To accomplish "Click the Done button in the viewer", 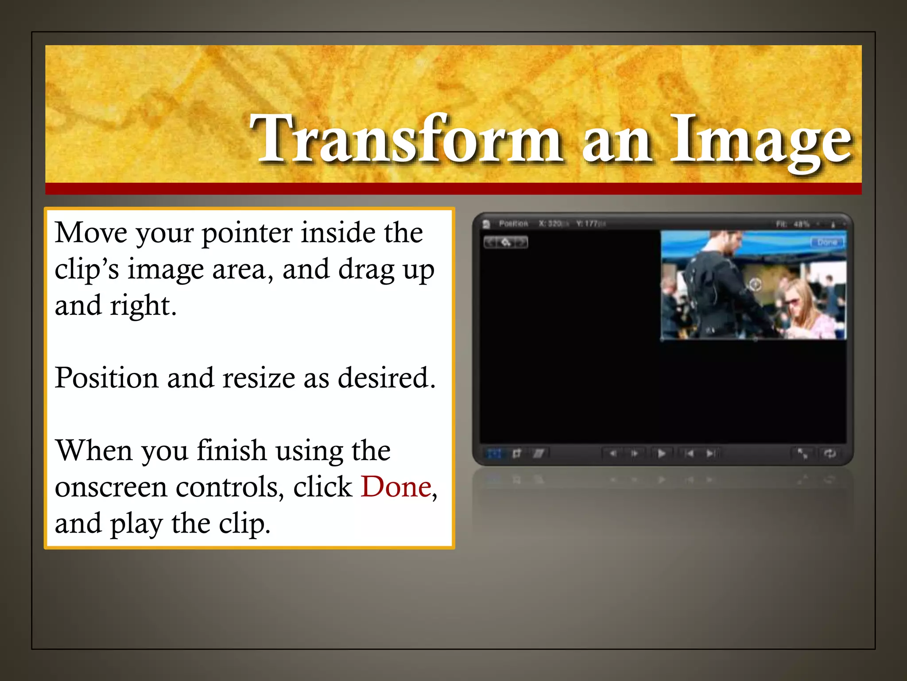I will point(827,242).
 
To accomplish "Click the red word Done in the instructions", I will point(396,487).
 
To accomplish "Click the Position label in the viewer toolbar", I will point(513,223).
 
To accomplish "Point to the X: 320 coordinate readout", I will point(551,223).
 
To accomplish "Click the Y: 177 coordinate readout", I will point(589,223).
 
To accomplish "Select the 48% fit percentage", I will point(802,224).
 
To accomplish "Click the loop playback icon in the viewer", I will point(830,453).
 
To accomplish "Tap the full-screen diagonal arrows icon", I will point(802,453).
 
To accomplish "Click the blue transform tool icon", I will point(494,454).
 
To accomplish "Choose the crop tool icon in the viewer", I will point(516,454).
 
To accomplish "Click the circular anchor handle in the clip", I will point(755,284).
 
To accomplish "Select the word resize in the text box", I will point(259,378).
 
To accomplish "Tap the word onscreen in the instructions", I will point(111,487).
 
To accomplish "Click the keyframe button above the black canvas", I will point(506,242).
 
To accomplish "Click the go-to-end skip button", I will point(710,453).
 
